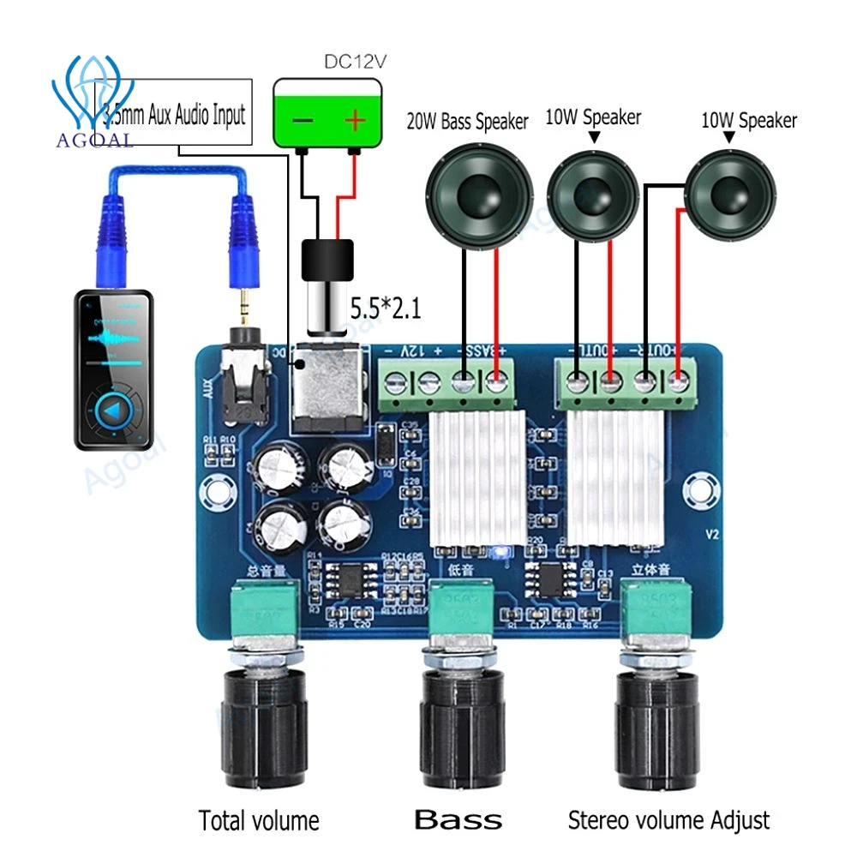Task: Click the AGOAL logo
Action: pyautogui.click(x=94, y=103)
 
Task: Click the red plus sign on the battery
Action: pyautogui.click(x=355, y=121)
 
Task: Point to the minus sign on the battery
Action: pyautogui.click(x=303, y=121)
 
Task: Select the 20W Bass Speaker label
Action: pyautogui.click(x=467, y=121)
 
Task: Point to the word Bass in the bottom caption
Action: pyautogui.click(x=458, y=819)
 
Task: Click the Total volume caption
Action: pyautogui.click(x=259, y=820)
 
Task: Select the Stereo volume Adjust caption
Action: pyautogui.click(x=668, y=819)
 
